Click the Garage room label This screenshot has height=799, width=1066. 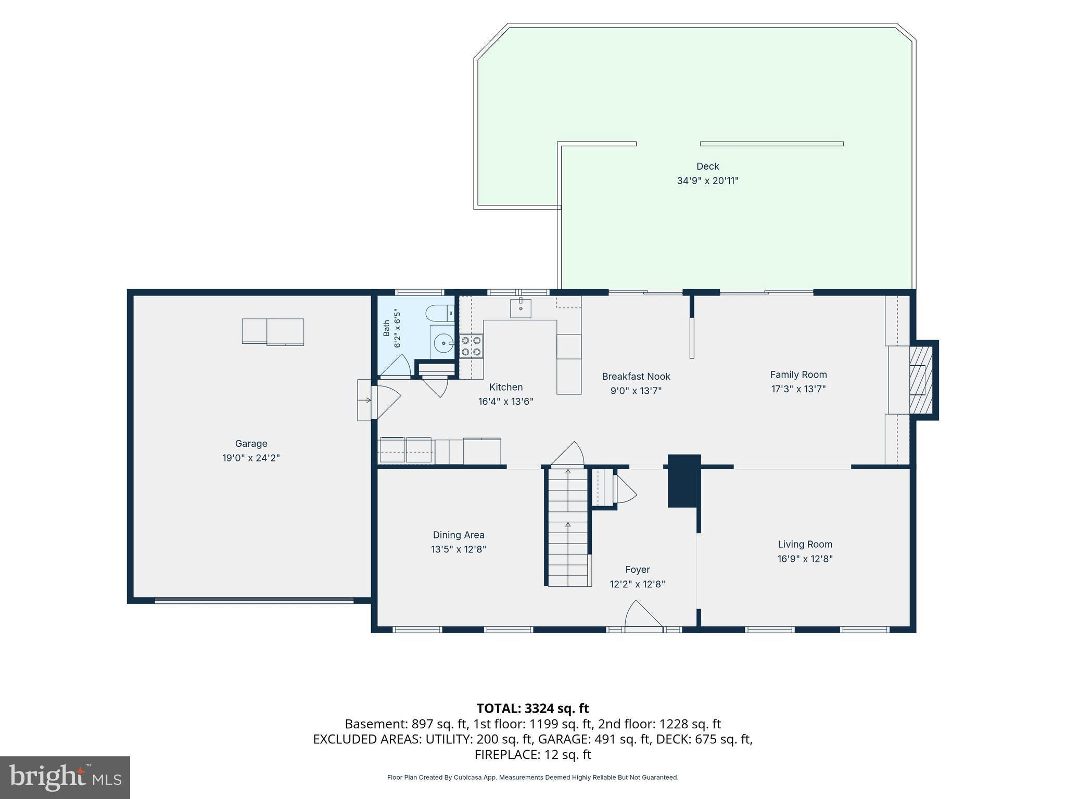pyautogui.click(x=251, y=444)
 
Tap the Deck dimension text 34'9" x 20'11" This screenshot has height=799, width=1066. pyautogui.click(x=707, y=181)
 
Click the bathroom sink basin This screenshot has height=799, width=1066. pyautogui.click(x=443, y=343)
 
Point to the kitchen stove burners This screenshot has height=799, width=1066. pyautogui.click(x=471, y=346)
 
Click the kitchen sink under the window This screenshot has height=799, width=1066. pyautogui.click(x=521, y=308)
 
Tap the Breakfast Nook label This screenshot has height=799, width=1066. pyautogui.click(x=636, y=377)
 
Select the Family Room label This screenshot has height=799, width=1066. pyautogui.click(x=798, y=375)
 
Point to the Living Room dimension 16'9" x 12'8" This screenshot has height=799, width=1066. pyautogui.click(x=805, y=559)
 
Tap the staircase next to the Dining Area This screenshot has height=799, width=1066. pyautogui.click(x=568, y=526)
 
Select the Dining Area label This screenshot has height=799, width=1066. pyautogui.click(x=459, y=535)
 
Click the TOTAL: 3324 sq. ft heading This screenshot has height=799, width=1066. pyautogui.click(x=533, y=708)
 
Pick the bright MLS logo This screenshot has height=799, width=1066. pyautogui.click(x=65, y=777)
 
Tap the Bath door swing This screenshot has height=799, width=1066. pyautogui.click(x=397, y=365)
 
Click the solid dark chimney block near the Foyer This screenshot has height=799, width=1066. pyautogui.click(x=684, y=481)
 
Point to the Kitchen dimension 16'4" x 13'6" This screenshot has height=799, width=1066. pyautogui.click(x=506, y=402)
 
